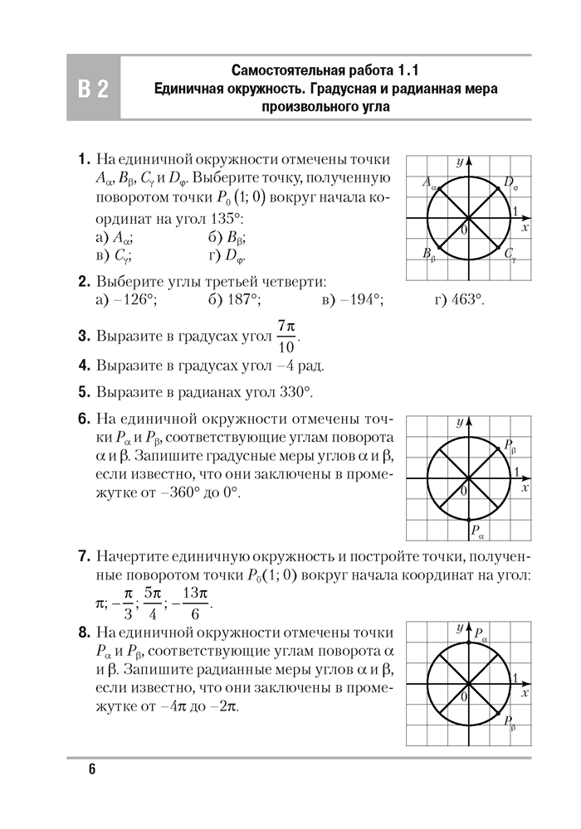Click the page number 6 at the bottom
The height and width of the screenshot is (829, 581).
coord(92,769)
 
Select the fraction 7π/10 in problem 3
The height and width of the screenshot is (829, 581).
coord(287,335)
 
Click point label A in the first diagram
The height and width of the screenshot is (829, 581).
coord(428,183)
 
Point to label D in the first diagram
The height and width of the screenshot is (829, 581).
coord(509,183)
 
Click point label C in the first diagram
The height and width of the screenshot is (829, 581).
coord(510,255)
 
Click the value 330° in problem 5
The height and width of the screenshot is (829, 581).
coord(295,391)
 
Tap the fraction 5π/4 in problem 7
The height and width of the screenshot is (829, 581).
coord(151,604)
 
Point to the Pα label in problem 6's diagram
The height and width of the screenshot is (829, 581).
coord(476,528)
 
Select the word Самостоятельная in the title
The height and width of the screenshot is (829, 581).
coord(288,70)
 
